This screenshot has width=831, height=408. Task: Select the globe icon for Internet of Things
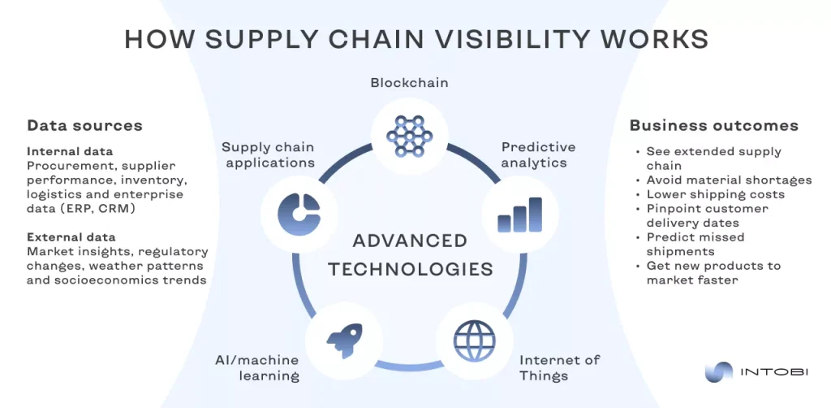(473, 334)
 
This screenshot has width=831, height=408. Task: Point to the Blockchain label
(409, 83)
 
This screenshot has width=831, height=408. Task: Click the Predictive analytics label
(538, 154)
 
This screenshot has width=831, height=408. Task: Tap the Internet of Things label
(560, 367)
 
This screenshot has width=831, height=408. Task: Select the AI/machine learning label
(258, 367)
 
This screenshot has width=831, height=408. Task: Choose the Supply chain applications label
(268, 154)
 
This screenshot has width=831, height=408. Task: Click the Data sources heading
(84, 125)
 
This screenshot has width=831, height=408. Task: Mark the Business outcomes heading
(713, 125)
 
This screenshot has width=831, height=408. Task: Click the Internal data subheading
(70, 151)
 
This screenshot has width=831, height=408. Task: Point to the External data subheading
(71, 237)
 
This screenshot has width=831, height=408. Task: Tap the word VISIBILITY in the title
(525, 39)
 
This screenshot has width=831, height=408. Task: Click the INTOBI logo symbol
(717, 372)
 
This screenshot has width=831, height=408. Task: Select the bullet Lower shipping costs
(715, 194)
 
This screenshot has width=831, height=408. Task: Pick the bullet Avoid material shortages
(729, 180)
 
